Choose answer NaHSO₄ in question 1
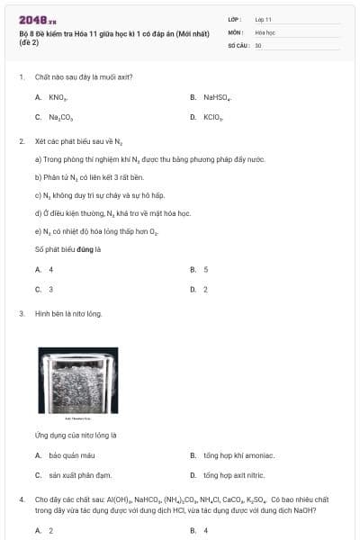217,96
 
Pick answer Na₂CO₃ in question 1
55,117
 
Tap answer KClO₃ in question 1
213,117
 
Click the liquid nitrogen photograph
77,382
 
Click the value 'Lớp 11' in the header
263,19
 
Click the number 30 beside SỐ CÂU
258,44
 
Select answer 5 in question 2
206,269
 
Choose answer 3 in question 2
50,289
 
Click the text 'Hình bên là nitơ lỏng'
68,313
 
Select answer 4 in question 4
206,530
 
